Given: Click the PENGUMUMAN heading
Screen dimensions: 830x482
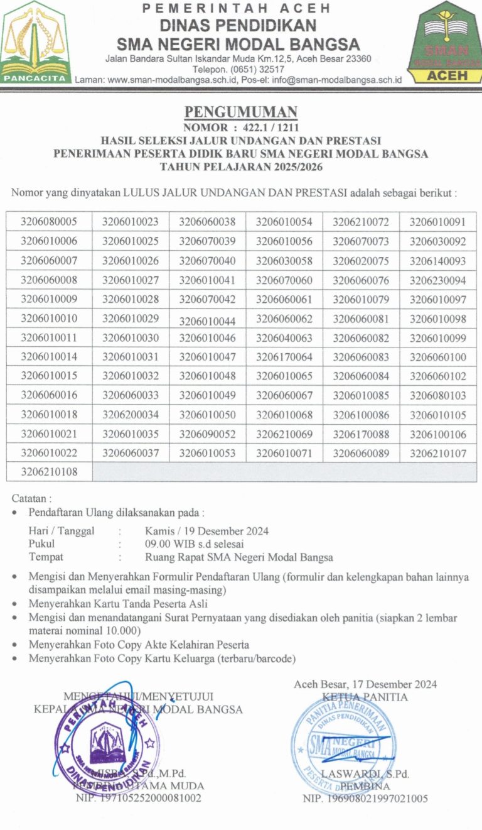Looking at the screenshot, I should click(x=240, y=112).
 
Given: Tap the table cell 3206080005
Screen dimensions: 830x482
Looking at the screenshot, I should click(x=49, y=222).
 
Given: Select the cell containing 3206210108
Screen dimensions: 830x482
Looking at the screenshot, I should click(x=49, y=472).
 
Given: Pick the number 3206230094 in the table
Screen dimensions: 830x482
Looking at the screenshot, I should click(x=438, y=280).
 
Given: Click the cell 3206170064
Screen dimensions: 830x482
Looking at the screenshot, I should click(x=284, y=358).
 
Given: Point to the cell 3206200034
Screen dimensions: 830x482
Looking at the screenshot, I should click(x=131, y=415).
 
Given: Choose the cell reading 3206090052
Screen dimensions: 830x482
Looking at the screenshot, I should click(x=207, y=434).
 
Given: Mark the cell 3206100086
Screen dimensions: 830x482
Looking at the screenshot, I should click(x=361, y=415).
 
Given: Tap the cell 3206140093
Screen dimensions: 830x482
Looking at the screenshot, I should click(x=438, y=261).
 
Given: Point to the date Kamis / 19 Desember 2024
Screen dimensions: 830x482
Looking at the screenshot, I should click(x=206, y=531).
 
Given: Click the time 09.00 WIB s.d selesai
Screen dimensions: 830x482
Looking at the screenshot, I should click(x=194, y=544).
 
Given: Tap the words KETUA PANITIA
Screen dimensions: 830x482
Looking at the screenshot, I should click(x=365, y=697).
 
